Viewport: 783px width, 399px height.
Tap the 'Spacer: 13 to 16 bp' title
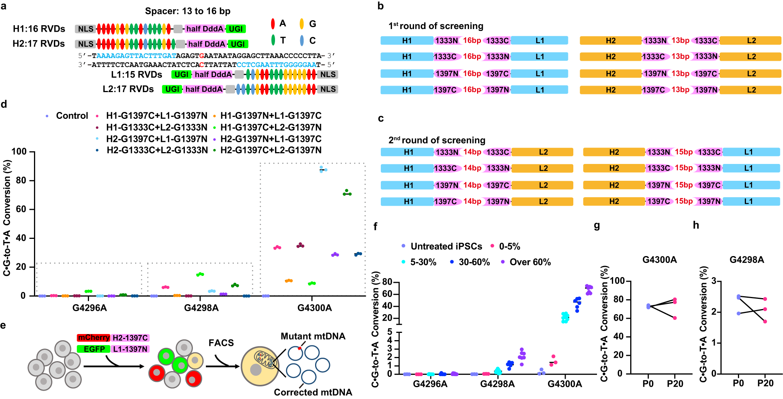point(188,11)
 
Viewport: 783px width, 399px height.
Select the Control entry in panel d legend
point(71,116)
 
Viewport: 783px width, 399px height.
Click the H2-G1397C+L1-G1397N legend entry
point(157,139)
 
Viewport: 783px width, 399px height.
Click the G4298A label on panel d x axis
point(201,308)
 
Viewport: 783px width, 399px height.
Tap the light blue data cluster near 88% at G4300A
point(323,169)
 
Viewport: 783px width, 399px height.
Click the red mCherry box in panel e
point(94,338)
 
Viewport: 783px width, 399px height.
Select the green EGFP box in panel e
point(94,349)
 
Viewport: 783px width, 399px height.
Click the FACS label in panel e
point(221,343)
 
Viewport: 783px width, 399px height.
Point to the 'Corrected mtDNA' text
point(313,393)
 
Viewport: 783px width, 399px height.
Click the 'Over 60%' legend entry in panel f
point(530,262)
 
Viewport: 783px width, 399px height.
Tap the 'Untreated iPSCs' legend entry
point(446,247)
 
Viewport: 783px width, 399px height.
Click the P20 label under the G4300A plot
point(675,384)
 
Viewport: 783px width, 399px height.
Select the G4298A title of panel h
point(747,260)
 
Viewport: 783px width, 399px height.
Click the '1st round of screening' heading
point(436,26)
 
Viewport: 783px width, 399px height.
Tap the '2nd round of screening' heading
point(437,140)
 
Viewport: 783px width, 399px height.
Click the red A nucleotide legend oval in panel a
point(273,24)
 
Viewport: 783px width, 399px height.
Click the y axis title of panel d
point(7,218)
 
